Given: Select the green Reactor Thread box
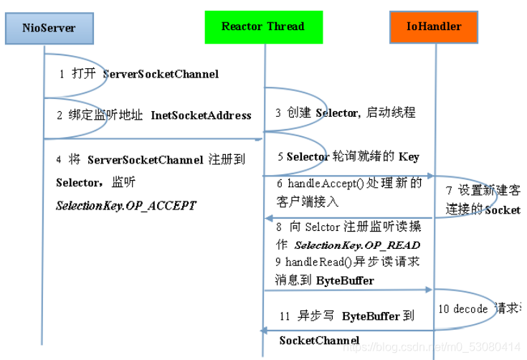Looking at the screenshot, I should tap(262, 27).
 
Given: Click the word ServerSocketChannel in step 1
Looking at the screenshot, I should tap(161, 74).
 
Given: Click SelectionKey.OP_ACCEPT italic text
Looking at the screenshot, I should tap(125, 206).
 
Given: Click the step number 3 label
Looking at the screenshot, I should tap(278, 113).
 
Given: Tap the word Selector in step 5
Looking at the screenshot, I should tap(308, 156).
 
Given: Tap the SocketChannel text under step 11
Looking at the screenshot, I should tap(319, 339).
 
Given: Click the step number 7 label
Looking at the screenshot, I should tap(449, 191).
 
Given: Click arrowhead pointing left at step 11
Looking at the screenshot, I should tap(263, 330).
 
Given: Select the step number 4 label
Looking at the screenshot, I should tap(59, 159).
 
